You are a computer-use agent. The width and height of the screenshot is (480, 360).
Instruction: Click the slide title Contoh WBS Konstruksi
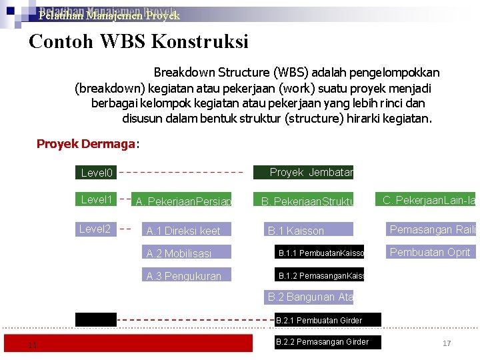point(139,42)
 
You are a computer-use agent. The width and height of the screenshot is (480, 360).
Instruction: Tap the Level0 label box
point(96,173)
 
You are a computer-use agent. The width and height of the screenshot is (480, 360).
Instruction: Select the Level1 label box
point(96,199)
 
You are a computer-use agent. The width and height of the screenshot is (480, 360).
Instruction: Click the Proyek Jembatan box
point(303,173)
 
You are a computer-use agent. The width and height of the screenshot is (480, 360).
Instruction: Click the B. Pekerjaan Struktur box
point(306,200)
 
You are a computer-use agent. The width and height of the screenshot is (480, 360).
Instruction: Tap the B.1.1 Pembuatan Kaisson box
point(321,253)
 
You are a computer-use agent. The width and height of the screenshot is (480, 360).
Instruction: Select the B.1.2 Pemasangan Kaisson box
point(321,275)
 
